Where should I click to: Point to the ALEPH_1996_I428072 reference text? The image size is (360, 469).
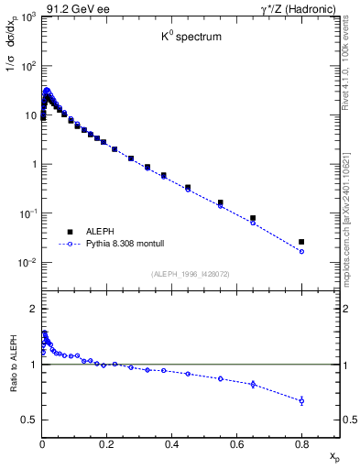pyautogui.click(x=191, y=273)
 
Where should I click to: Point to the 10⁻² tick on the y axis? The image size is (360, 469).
pyautogui.click(x=28, y=263)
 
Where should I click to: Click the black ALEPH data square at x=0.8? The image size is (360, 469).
pyautogui.click(x=301, y=242)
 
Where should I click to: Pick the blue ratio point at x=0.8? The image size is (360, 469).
pyautogui.click(x=301, y=400)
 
